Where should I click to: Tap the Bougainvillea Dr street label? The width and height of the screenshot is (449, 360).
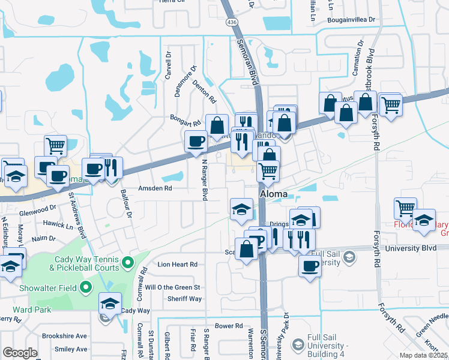pyautogui.click(x=351, y=20)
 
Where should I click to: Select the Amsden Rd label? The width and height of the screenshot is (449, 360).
pyautogui.click(x=156, y=188)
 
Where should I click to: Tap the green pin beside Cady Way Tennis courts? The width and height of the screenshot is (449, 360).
pyautogui.click(x=127, y=262)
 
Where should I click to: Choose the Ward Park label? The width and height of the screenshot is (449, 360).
pyautogui.click(x=25, y=310)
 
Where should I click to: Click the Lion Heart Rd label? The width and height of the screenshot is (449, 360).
pyautogui.click(x=177, y=264)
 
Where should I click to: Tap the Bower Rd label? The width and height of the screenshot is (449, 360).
pyautogui.click(x=229, y=326)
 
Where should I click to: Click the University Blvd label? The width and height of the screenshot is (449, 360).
pyautogui.click(x=410, y=247)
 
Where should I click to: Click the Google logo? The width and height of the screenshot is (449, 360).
pyautogui.click(x=20, y=353)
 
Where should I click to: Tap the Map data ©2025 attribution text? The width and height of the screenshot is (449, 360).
pyautogui.click(x=424, y=355)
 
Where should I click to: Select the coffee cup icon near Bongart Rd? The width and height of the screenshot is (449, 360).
pyautogui.click(x=196, y=142)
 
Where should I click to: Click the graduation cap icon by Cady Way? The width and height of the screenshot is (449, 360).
pyautogui.click(x=110, y=304)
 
